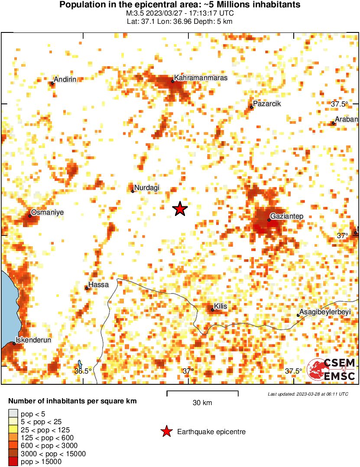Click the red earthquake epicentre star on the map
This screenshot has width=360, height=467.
click(x=180, y=209)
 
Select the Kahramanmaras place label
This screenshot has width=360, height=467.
click(x=201, y=77)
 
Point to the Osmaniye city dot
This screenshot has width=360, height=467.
click(x=30, y=216)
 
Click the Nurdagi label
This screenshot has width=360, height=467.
click(x=147, y=187)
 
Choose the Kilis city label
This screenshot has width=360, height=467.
click(x=221, y=306)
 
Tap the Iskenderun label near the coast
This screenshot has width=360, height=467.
click(x=33, y=340)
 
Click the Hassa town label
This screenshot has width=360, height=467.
click(x=98, y=285)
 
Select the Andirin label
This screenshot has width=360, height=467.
click(x=65, y=80)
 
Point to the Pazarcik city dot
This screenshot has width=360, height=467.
click(x=251, y=107)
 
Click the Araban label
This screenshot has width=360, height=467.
click(x=347, y=119)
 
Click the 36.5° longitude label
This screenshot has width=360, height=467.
click(x=83, y=371)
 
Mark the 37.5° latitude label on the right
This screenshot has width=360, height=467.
click(x=340, y=104)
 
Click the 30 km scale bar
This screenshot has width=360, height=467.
click(x=202, y=393)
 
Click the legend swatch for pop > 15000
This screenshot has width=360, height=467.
click(x=13, y=462)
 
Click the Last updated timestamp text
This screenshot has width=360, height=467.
click(x=308, y=394)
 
